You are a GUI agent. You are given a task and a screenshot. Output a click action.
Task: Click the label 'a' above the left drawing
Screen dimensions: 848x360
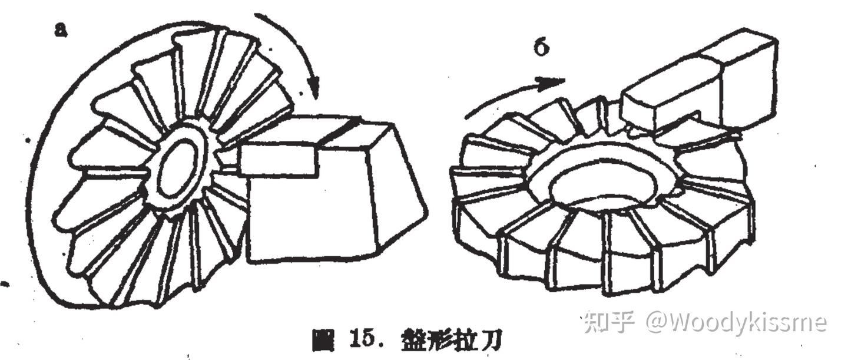coord(60,30)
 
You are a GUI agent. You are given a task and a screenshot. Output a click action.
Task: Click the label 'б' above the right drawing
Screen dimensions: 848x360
coord(541,47)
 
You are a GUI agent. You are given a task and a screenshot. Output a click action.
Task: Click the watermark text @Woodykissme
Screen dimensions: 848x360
coord(736,322)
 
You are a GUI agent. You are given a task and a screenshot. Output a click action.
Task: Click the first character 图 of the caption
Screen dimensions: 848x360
coord(323,341)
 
